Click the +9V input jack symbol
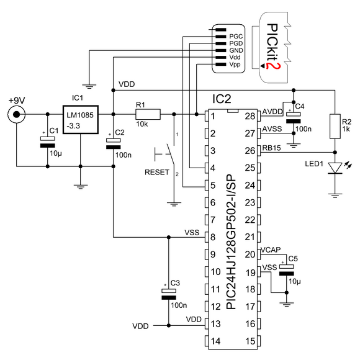(17, 114)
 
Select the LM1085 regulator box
(81, 120)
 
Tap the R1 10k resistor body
(148, 114)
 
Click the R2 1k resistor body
(335, 126)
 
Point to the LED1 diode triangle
(335, 168)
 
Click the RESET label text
(157, 172)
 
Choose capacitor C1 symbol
(48, 142)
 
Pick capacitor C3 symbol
(169, 294)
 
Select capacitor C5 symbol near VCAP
(286, 270)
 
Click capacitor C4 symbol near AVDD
(294, 118)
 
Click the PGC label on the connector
(236, 37)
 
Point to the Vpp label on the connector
(235, 65)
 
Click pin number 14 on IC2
(215, 341)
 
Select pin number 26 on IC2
(250, 151)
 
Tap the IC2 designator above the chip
(222, 99)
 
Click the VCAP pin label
(271, 250)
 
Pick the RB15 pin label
(271, 148)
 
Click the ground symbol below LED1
(335, 196)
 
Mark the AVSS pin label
(272, 129)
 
